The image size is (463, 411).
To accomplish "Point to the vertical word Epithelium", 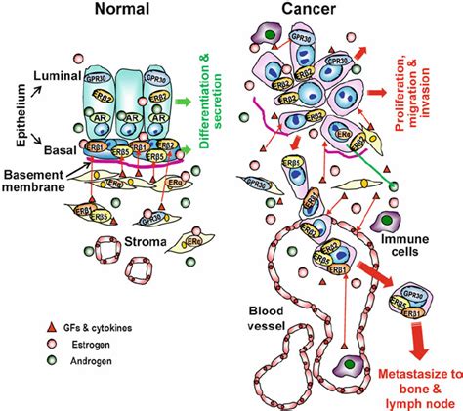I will (x=14, y=113).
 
